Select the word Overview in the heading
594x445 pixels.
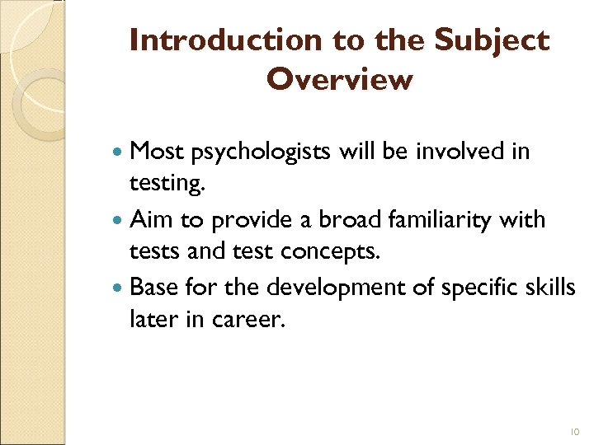click(x=339, y=80)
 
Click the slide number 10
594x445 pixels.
click(x=575, y=431)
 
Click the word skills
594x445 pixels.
click(x=549, y=288)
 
